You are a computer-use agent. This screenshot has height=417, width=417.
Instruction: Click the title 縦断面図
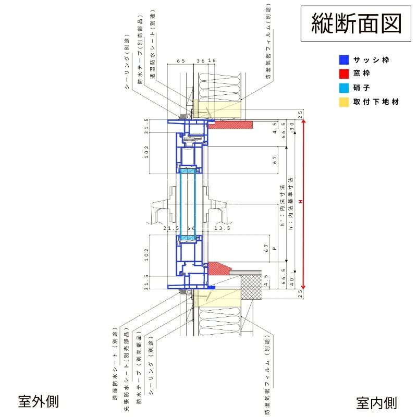point(357,23)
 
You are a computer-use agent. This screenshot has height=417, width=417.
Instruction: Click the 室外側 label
point(38,401)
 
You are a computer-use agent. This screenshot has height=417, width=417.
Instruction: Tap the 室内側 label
point(376,402)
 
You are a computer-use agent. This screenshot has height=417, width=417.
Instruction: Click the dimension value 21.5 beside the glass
point(171,228)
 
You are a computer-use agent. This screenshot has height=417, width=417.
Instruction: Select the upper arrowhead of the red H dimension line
point(304,120)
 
